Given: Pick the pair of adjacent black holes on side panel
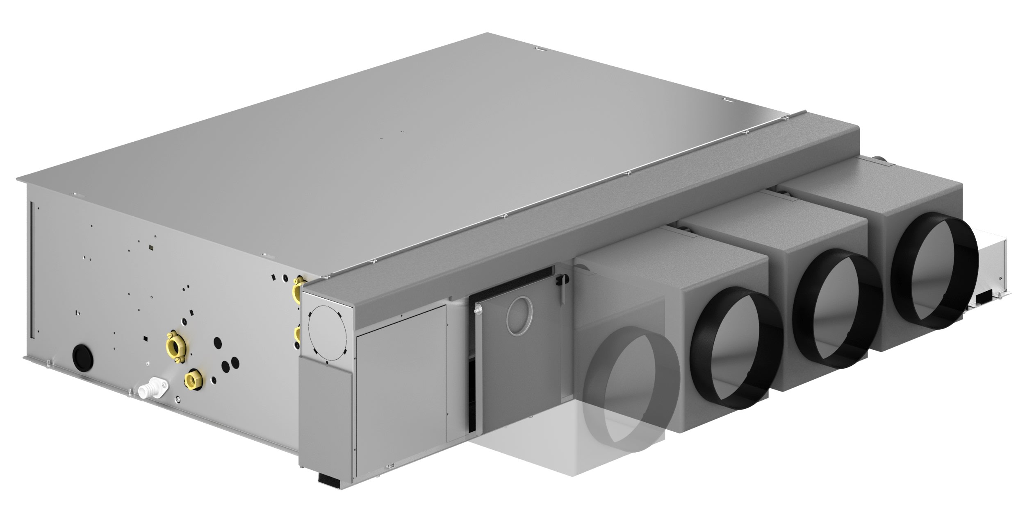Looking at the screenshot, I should click(230, 362).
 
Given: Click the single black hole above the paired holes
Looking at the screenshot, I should click(218, 343).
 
